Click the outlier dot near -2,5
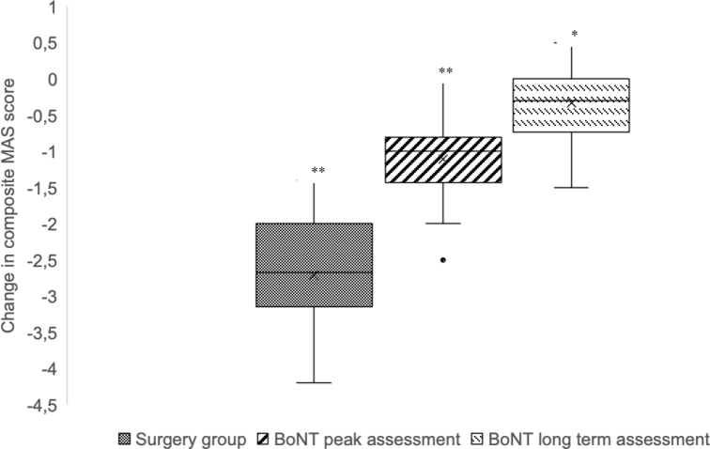[443, 259]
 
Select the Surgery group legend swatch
[124, 439]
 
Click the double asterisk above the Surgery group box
[318, 172]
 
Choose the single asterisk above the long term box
[574, 35]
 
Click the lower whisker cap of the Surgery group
[314, 382]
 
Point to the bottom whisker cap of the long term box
[571, 188]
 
